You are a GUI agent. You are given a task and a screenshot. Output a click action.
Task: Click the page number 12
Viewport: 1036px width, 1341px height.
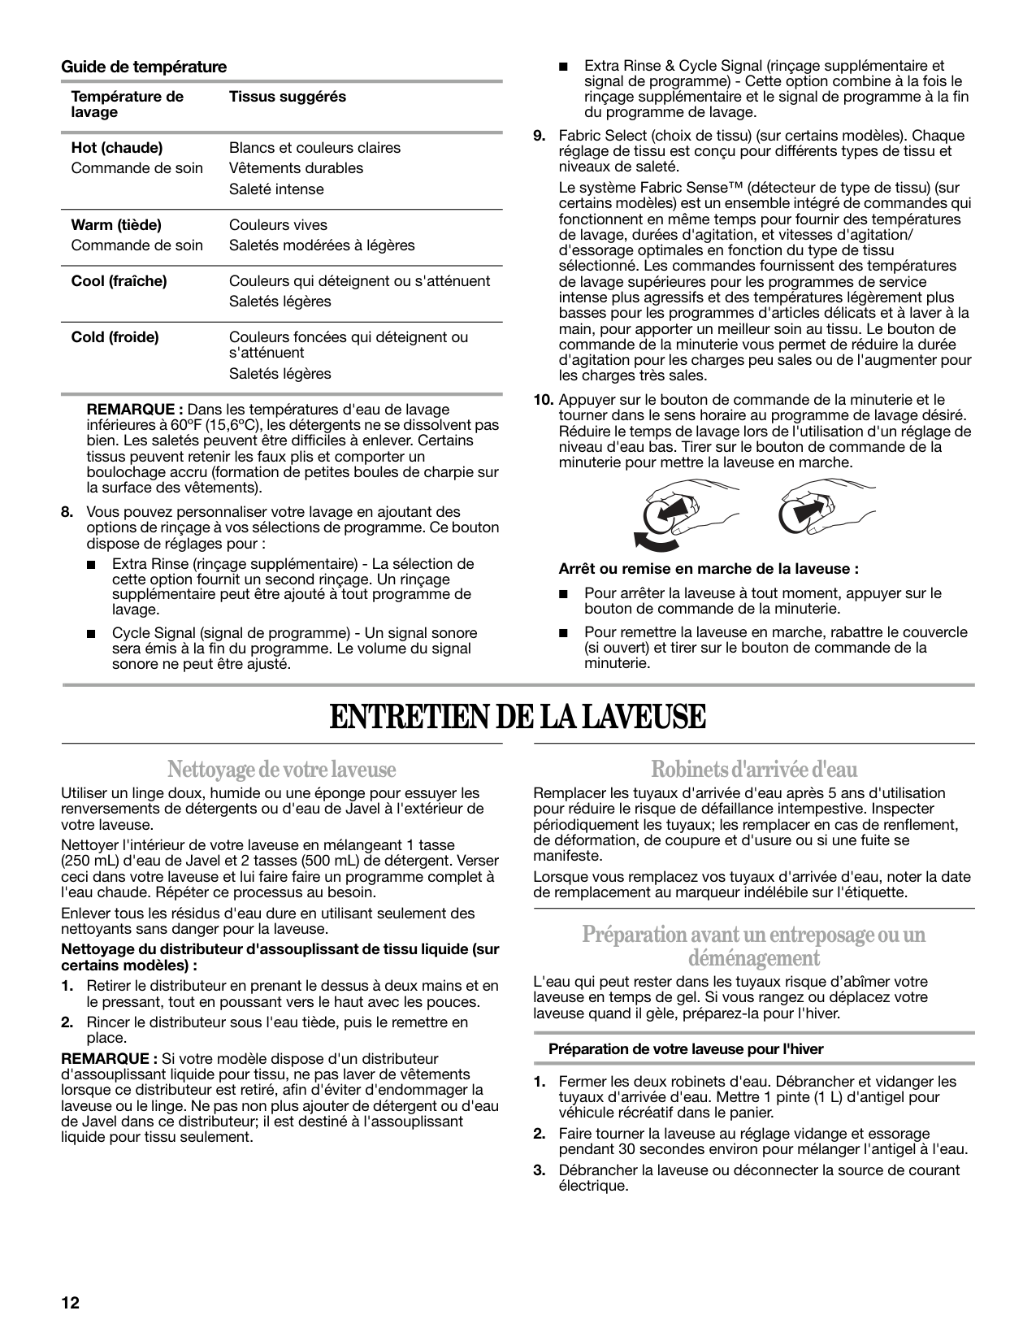tap(70, 1302)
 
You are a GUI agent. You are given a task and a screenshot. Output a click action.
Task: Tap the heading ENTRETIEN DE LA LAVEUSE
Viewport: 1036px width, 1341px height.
tap(518, 717)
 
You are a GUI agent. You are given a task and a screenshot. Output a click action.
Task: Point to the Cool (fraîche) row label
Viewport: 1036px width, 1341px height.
tap(119, 281)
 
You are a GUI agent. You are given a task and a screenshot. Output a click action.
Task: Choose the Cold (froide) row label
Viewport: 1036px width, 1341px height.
tap(115, 337)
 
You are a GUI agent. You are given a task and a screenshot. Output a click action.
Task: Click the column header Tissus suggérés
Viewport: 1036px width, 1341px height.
tap(287, 97)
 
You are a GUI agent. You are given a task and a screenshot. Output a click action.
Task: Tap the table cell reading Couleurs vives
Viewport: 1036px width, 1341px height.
tap(278, 225)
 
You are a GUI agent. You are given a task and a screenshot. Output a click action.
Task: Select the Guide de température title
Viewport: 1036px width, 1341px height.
tap(144, 67)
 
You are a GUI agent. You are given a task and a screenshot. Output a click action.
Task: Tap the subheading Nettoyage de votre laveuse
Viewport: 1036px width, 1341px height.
tap(281, 768)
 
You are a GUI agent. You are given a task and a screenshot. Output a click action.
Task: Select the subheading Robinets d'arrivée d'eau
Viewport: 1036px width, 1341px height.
tap(753, 768)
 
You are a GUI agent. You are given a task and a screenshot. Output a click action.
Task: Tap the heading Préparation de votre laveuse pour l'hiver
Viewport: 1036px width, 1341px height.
tap(686, 1049)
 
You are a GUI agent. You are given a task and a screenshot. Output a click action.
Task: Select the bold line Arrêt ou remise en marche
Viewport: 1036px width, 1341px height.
tap(708, 569)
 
